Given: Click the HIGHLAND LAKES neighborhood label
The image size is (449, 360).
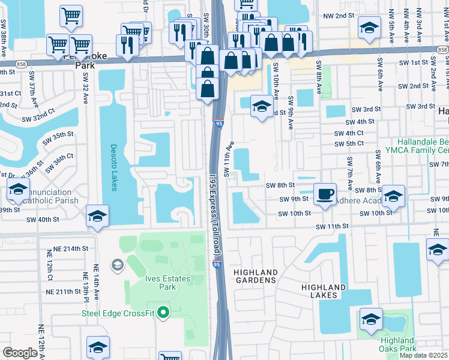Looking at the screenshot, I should tap(324, 292).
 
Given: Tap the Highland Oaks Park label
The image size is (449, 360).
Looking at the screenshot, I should tap(397, 344).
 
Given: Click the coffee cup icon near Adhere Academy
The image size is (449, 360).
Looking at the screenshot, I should tap(325, 193).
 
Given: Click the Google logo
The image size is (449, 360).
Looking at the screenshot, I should tap(20, 353).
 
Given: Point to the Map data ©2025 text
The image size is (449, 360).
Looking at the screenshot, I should tap(423, 355).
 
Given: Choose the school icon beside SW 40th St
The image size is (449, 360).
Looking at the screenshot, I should tap(97, 216).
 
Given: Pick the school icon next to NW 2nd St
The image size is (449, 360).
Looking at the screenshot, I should tap(369, 26).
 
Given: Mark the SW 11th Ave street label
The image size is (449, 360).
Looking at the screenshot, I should tap(229, 160).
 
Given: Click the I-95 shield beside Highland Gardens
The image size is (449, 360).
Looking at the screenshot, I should tap(216, 263).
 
